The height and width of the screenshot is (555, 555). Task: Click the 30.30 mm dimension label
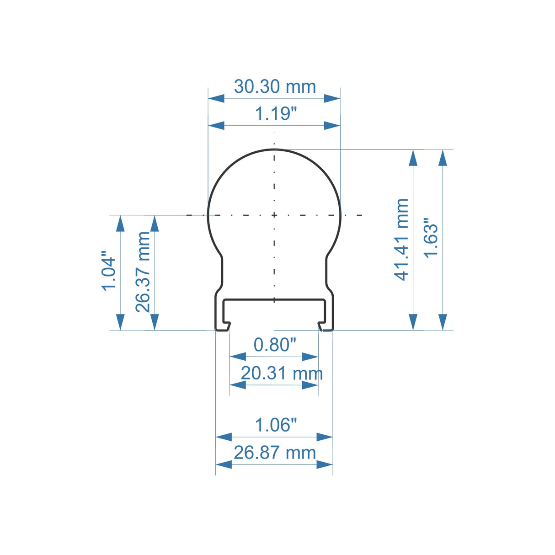[275, 86]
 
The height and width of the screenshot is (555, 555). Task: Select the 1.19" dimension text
[276, 114]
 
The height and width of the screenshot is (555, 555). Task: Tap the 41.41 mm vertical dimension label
[401, 239]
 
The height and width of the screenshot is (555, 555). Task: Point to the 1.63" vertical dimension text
[431, 238]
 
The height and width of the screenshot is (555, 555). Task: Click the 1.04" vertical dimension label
[109, 270]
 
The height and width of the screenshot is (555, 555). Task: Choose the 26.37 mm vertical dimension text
[143, 272]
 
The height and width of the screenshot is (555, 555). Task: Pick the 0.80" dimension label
[275, 345]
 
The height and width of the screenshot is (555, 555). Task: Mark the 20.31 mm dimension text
[282, 374]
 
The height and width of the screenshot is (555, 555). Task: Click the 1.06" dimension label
[276, 425]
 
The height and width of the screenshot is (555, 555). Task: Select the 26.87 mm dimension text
[275, 453]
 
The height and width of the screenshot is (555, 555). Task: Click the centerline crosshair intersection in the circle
[274, 215]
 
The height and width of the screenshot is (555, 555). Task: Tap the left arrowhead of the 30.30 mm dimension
[216, 98]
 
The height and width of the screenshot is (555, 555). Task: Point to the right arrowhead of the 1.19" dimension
[332, 126]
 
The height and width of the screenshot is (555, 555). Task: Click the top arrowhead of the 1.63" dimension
[442, 157]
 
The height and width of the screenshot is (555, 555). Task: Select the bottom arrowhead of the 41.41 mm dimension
[413, 322]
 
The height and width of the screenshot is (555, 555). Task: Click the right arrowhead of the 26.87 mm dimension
[325, 464]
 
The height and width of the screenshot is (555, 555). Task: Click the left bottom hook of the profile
[223, 326]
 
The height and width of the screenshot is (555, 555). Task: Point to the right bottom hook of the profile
[326, 326]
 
